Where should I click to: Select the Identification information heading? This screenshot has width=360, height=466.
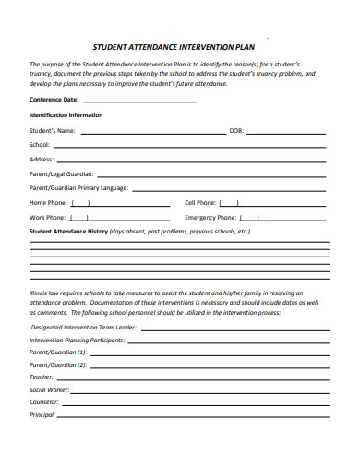pyautogui.click(x=66, y=115)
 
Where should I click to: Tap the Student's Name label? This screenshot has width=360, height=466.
pyautogui.click(x=53, y=131)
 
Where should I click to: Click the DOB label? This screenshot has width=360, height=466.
pyautogui.click(x=236, y=131)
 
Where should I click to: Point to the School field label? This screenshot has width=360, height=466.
pyautogui.click(x=40, y=145)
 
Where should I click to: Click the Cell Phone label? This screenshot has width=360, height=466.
pyautogui.click(x=200, y=202)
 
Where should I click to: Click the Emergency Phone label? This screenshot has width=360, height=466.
pyautogui.click(x=213, y=217)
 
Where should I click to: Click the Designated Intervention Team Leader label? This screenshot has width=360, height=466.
pyautogui.click(x=83, y=327)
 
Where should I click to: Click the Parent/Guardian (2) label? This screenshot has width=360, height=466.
pyautogui.click(x=58, y=364)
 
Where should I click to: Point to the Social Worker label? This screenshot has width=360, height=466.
pyautogui.click(x=50, y=389)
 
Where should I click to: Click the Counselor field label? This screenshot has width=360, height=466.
pyautogui.click(x=44, y=401)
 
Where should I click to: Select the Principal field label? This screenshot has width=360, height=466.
pyautogui.click(x=42, y=414)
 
